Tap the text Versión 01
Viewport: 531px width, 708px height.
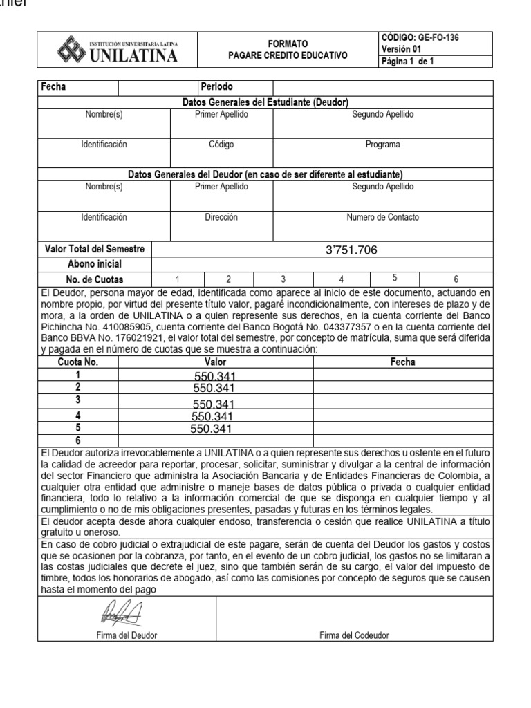[x=401, y=49]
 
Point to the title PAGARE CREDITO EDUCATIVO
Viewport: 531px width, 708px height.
[x=288, y=55]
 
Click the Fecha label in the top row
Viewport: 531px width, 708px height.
[x=53, y=87]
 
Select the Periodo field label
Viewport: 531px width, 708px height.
[x=216, y=87]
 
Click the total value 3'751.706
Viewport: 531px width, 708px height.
[x=351, y=250]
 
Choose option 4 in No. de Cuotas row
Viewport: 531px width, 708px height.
[x=340, y=279]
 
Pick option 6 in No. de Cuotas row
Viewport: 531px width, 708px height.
[x=456, y=279]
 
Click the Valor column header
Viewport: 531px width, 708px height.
[x=215, y=362]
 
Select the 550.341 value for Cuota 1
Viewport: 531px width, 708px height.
[x=215, y=377]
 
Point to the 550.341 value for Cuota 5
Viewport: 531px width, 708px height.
[x=210, y=429]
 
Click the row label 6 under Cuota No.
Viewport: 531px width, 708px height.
[x=78, y=440]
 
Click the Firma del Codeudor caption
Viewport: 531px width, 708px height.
[x=354, y=635]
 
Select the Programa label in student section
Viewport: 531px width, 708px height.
[x=382, y=145]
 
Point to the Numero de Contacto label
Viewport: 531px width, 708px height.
[x=382, y=217]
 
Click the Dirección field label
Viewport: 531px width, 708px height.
[x=221, y=217]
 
